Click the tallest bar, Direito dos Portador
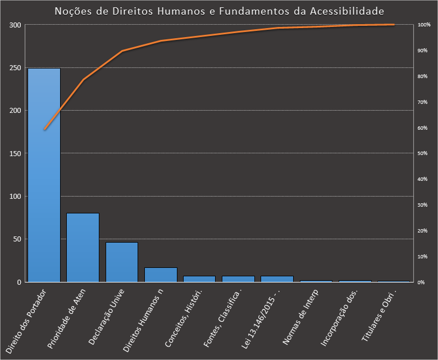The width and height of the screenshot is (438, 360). [x=44, y=175]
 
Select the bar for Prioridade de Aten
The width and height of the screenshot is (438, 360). [x=83, y=247]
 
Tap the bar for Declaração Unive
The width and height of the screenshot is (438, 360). [x=122, y=262]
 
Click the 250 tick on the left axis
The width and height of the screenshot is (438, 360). [x=15, y=68]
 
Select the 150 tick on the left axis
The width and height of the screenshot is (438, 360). [x=15, y=153]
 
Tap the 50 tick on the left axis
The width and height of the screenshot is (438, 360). [x=16, y=239]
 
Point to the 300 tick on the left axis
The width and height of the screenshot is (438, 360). [x=15, y=25]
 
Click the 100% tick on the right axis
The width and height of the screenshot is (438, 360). [x=424, y=25]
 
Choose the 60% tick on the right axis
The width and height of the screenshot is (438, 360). [x=423, y=128]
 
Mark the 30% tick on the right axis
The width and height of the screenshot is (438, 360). [x=423, y=205]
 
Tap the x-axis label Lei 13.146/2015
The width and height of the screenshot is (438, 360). [x=261, y=318]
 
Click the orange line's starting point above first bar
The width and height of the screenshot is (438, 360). [x=44, y=130]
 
